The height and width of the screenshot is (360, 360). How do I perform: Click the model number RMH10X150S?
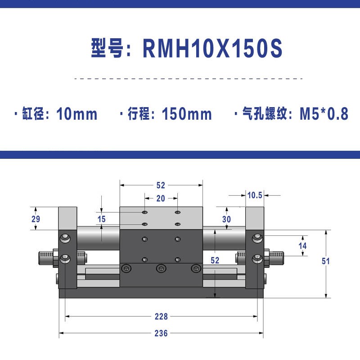pyautogui.click(x=212, y=48)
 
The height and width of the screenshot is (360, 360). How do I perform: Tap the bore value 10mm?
pyautogui.click(x=77, y=114)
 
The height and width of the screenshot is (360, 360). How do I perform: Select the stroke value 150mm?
pyautogui.click(x=187, y=114)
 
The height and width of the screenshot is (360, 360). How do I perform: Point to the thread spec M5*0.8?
pyautogui.click(x=324, y=114)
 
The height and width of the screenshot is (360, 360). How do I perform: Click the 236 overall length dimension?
pyautogui.click(x=161, y=333)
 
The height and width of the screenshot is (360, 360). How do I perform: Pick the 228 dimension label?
pyautogui.click(x=161, y=317)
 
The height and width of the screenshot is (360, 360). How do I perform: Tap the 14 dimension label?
pyautogui.click(x=302, y=246)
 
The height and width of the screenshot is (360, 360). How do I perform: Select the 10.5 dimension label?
pyautogui.click(x=255, y=195)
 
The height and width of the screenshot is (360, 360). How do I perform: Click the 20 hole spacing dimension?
pyautogui.click(x=161, y=198)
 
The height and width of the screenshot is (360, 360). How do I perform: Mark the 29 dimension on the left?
pyautogui.click(x=36, y=219)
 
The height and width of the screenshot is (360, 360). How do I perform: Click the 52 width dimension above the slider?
pyautogui.click(x=161, y=184)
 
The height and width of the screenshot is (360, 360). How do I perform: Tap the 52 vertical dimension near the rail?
pyautogui.click(x=215, y=261)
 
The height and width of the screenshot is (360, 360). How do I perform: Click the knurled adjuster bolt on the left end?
pyautogui.click(x=45, y=258)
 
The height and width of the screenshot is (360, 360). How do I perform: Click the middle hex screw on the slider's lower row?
pyautogui.click(x=161, y=269)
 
